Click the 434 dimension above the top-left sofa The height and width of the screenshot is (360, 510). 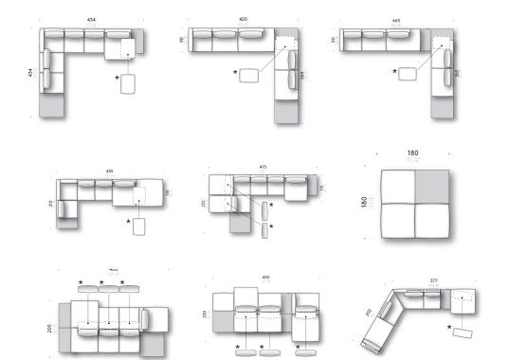click(x=91, y=19)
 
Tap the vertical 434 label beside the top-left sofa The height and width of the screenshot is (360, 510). click(x=31, y=73)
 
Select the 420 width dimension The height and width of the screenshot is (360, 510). click(x=243, y=19)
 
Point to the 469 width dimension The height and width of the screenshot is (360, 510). click(x=395, y=19)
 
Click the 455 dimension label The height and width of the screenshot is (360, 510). click(x=110, y=171)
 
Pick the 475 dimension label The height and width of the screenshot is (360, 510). click(x=263, y=168)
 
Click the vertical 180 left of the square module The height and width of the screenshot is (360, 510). click(x=364, y=205)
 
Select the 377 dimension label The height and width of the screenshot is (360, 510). click(x=434, y=280)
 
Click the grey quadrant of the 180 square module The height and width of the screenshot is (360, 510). click(x=432, y=187)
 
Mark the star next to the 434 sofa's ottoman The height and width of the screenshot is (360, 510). click(x=118, y=78)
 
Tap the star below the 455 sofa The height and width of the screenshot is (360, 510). click(x=128, y=224)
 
